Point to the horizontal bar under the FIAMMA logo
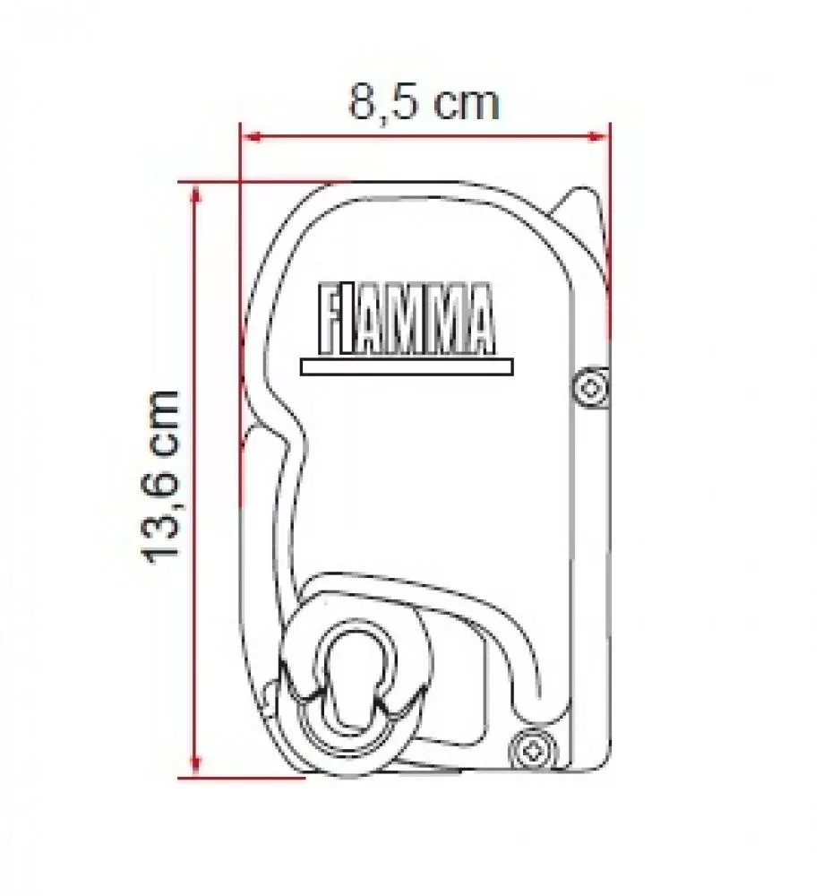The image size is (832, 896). point(407,366)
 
